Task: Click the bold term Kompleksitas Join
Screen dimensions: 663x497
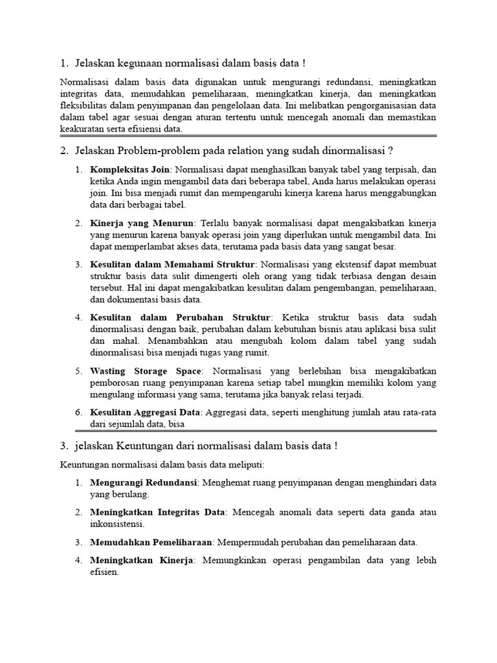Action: [x=128, y=169]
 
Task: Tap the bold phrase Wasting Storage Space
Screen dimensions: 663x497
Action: [x=146, y=371]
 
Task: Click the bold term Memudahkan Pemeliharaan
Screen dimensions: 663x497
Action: [x=152, y=543]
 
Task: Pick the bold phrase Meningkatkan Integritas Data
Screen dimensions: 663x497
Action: [x=157, y=513]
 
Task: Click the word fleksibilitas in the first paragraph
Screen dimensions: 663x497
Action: [x=84, y=105]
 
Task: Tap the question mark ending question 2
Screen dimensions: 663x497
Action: [x=390, y=152]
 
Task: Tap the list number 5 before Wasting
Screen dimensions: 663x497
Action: [x=78, y=371]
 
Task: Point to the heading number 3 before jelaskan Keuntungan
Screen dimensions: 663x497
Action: [x=63, y=447]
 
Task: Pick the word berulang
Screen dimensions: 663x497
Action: [x=129, y=495]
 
